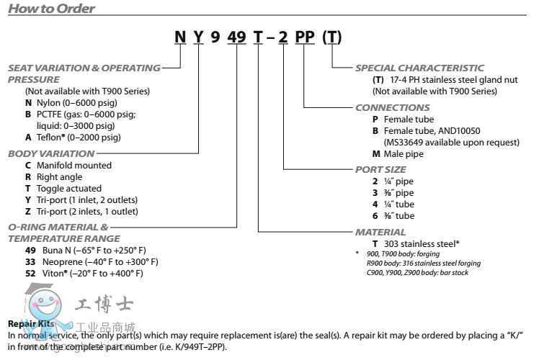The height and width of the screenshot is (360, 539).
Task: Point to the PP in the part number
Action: click(x=303, y=38)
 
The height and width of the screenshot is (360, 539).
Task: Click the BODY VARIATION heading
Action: click(x=51, y=153)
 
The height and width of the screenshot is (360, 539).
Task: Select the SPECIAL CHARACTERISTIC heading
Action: click(x=419, y=68)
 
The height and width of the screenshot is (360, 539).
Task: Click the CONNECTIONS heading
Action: click(x=392, y=107)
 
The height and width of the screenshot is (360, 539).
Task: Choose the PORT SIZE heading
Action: click(x=384, y=170)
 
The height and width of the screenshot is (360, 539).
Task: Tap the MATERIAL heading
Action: click(x=380, y=233)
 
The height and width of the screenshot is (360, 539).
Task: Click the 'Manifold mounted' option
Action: click(x=68, y=165)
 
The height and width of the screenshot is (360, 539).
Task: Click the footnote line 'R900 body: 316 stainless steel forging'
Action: click(x=424, y=264)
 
